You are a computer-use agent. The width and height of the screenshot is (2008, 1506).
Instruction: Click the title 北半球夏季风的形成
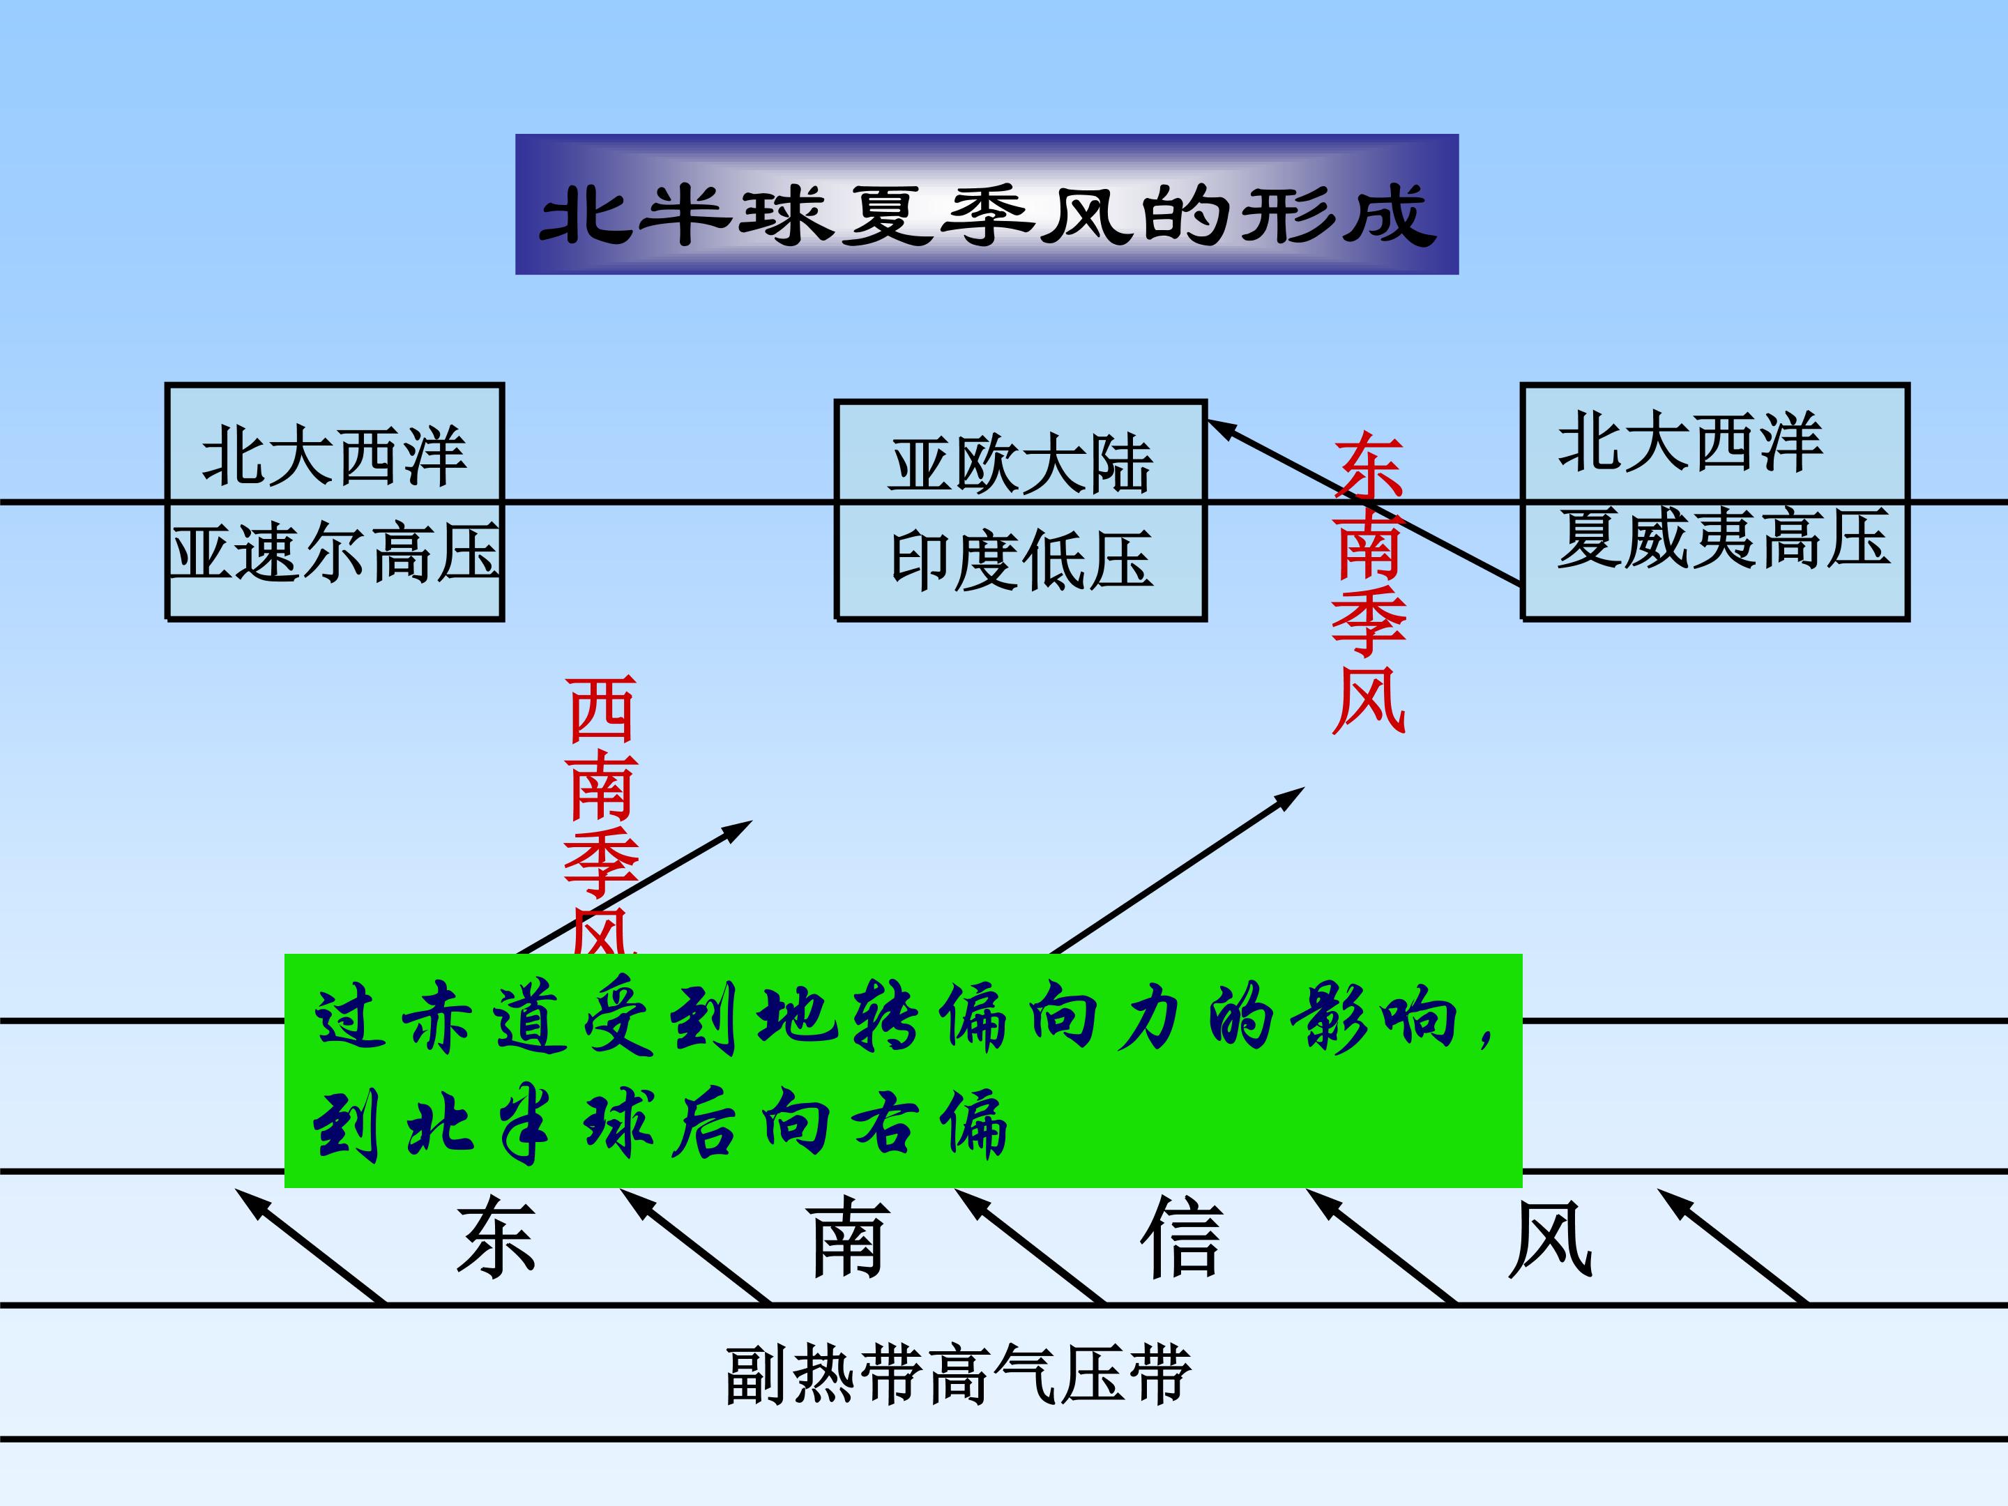tap(987, 215)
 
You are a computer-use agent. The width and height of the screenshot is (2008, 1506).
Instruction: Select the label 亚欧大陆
tap(1021, 466)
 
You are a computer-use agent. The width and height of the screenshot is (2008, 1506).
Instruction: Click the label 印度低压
tap(1021, 560)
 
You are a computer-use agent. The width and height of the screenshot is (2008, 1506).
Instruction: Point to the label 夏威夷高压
tap(1723, 538)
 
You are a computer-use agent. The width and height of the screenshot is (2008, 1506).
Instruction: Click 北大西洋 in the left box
tap(334, 456)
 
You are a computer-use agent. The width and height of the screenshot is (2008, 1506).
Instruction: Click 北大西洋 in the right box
tap(1690, 442)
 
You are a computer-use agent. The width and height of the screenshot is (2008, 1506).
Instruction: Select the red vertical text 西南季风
tap(601, 817)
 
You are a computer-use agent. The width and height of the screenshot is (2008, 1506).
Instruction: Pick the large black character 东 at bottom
tap(496, 1238)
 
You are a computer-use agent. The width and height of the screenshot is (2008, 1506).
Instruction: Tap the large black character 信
tap(1181, 1238)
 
